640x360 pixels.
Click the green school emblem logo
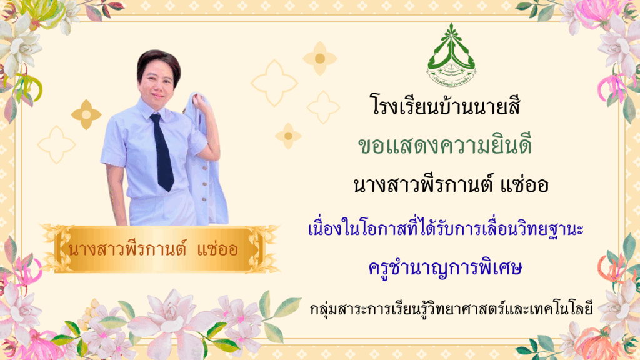pyautogui.click(x=451, y=55)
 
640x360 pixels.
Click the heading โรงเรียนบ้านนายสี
pyautogui.click(x=445, y=105)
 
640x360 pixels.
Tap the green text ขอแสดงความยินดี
pyautogui.click(x=445, y=145)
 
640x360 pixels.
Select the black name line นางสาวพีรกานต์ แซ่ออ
pyautogui.click(x=451, y=184)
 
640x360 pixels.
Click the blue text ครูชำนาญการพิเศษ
pyautogui.click(x=445, y=269)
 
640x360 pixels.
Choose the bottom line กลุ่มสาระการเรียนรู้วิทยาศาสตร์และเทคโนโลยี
pyautogui.click(x=451, y=309)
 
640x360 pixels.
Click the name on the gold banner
pyautogui.click(x=153, y=249)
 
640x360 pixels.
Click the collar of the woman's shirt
pyautogui.click(x=152, y=109)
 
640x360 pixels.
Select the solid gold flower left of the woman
pyautogui.click(x=86, y=115)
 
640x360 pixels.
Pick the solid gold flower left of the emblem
pyautogui.click(x=320, y=58)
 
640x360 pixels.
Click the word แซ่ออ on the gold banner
pyautogui.click(x=217, y=249)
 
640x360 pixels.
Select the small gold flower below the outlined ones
pyautogui.click(x=288, y=136)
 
